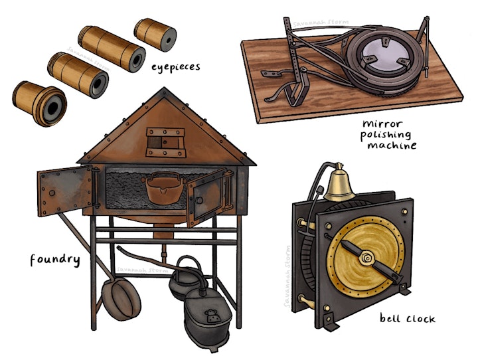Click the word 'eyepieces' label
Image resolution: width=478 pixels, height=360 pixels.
(176, 66)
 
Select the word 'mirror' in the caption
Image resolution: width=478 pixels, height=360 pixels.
(383, 124)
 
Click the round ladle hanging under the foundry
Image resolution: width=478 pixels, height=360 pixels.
(121, 298)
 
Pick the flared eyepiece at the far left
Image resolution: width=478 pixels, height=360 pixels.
(39, 104)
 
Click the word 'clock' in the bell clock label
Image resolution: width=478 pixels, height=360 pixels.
(422, 319)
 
